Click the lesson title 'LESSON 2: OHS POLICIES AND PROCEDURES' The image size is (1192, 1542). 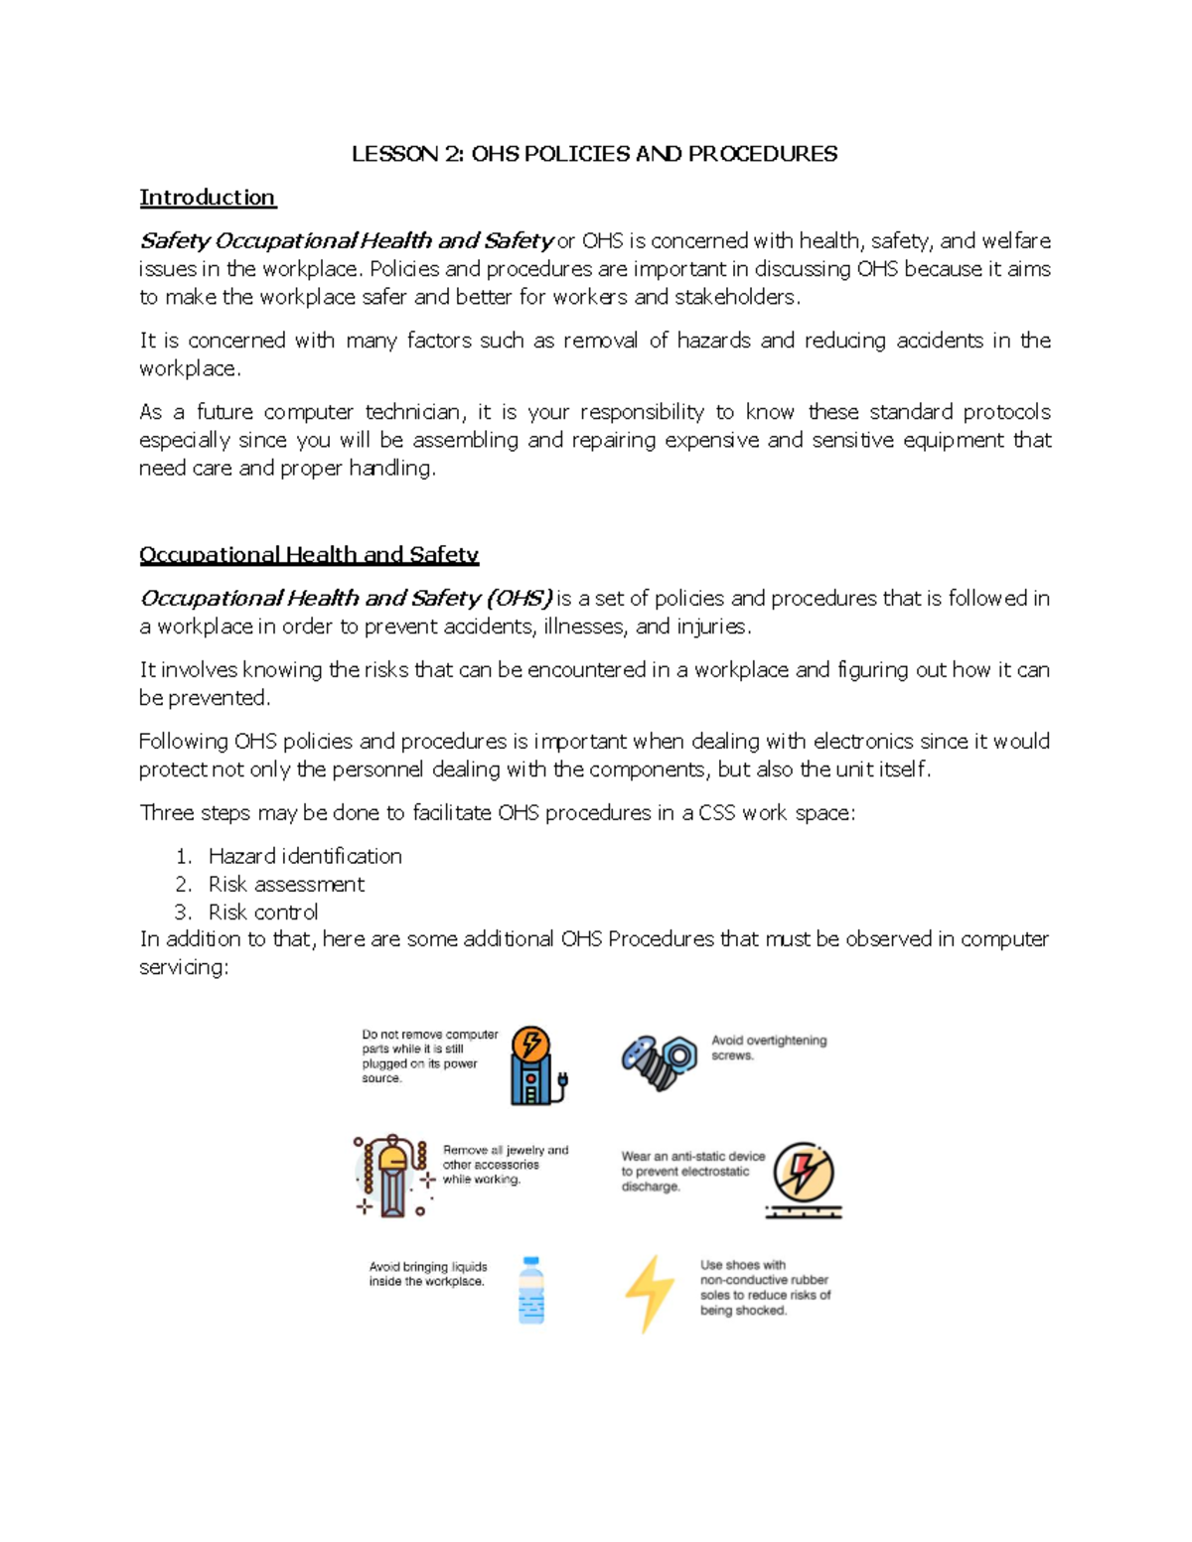pyautogui.click(x=594, y=154)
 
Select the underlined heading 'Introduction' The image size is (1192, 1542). pyautogui.click(x=207, y=198)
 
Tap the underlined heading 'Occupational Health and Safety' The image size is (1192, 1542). pyautogui.click(x=308, y=555)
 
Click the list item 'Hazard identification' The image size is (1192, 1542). pyautogui.click(x=304, y=856)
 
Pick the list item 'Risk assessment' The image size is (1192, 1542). pyautogui.click(x=286, y=884)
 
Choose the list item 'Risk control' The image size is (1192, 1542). pyautogui.click(x=263, y=911)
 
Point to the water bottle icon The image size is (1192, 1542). pyautogui.click(x=531, y=1290)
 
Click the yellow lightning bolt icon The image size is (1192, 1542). pyautogui.click(x=649, y=1292)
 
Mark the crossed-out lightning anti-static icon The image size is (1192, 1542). pyautogui.click(x=803, y=1178)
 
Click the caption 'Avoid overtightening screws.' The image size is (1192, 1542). pyautogui.click(x=768, y=1048)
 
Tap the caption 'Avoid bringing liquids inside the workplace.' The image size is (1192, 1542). pyautogui.click(x=427, y=1274)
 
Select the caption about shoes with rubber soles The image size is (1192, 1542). pyautogui.click(x=765, y=1288)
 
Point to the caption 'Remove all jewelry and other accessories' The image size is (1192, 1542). pyautogui.click(x=505, y=1165)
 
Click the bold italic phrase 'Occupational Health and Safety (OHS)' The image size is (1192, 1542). pyautogui.click(x=346, y=599)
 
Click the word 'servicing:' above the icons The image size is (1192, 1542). pyautogui.click(x=184, y=967)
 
